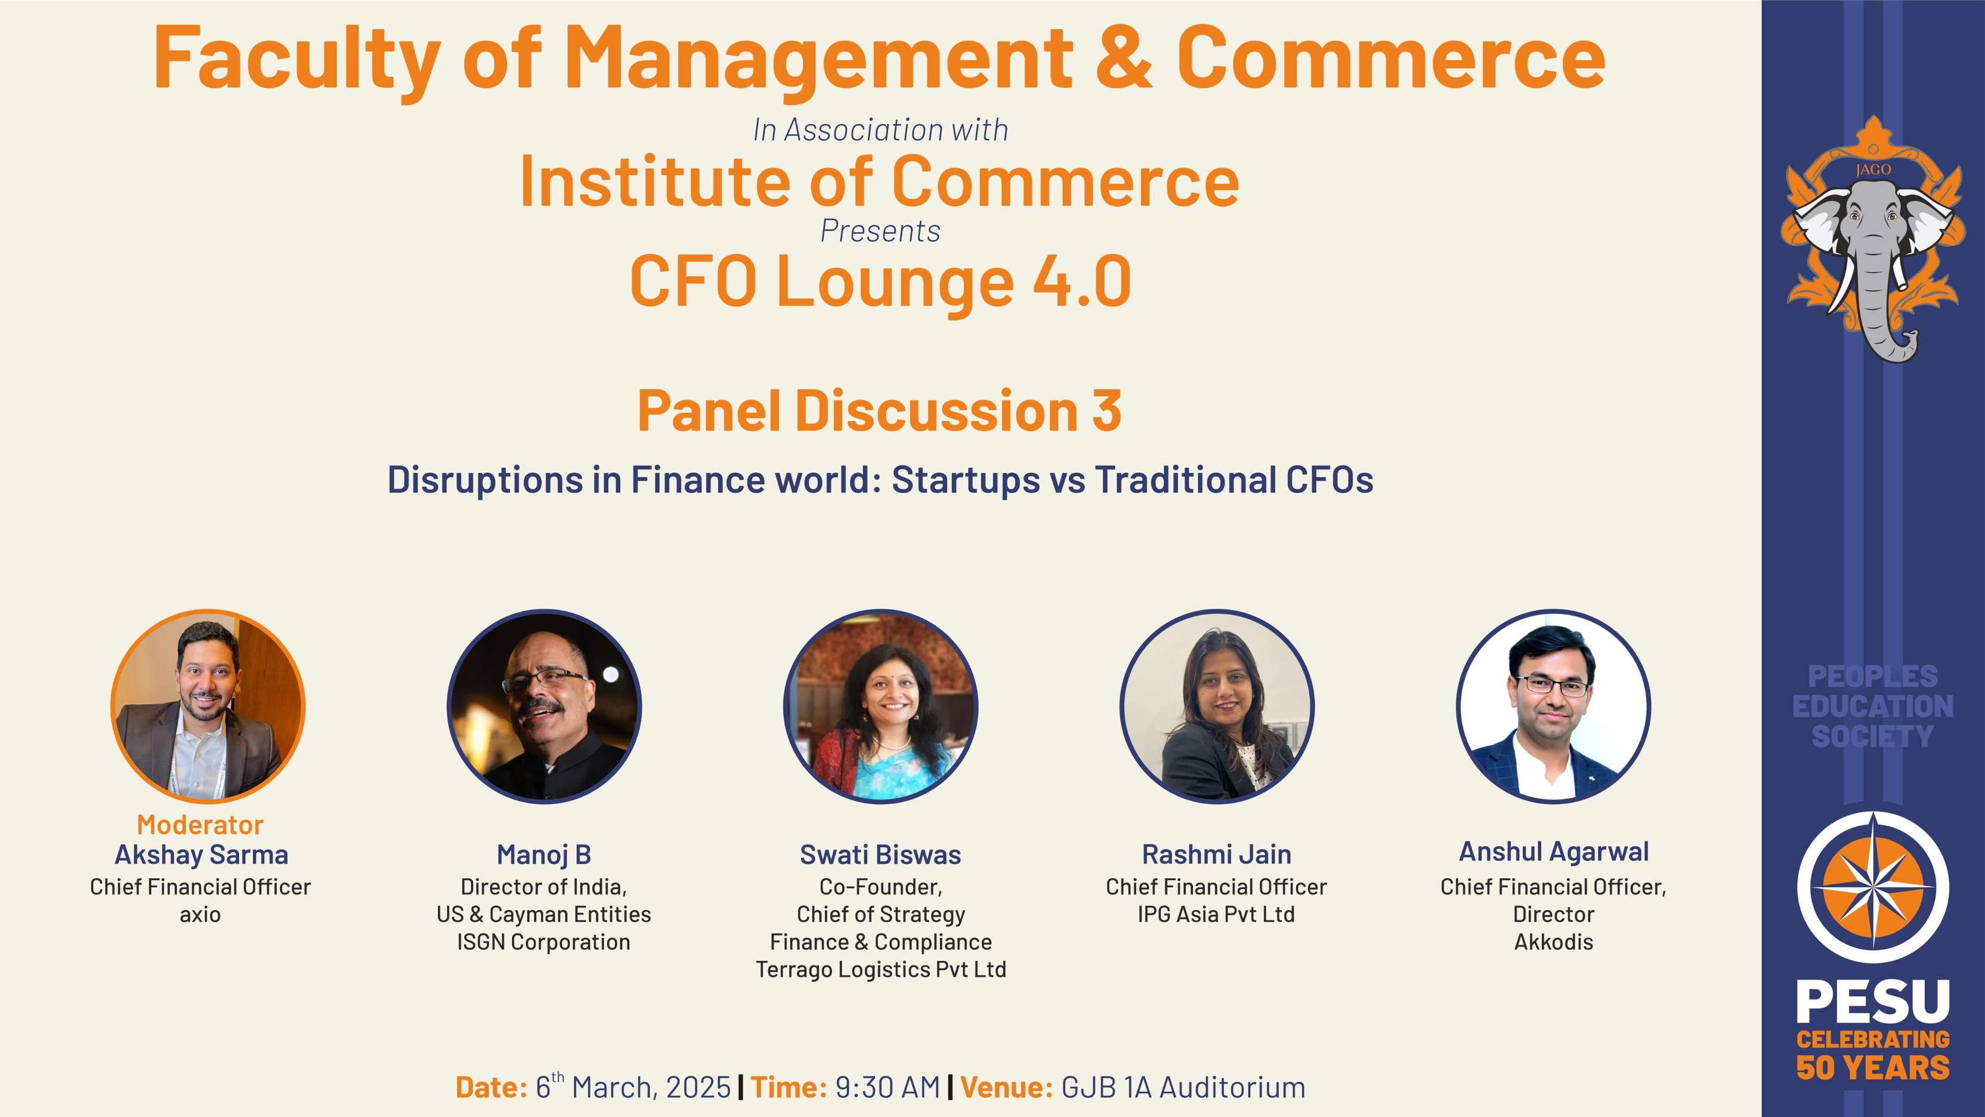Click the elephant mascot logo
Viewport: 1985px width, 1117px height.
pyautogui.click(x=1872, y=239)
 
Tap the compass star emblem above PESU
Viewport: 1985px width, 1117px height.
pyautogui.click(x=1873, y=887)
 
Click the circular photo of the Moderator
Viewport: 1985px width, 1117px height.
pyautogui.click(x=208, y=706)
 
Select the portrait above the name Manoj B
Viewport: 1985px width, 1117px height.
pyautogui.click(x=544, y=706)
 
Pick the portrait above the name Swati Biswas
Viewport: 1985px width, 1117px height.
pyautogui.click(x=881, y=706)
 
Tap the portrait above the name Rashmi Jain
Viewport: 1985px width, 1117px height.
pyautogui.click(x=1217, y=706)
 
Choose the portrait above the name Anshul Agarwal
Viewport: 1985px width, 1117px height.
pyautogui.click(x=1554, y=706)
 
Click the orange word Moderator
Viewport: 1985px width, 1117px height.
pyautogui.click(x=200, y=825)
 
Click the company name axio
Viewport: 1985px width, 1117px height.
pyautogui.click(x=200, y=915)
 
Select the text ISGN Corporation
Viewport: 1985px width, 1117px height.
pyautogui.click(x=544, y=942)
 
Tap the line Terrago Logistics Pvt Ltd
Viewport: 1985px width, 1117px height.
pyautogui.click(x=881, y=970)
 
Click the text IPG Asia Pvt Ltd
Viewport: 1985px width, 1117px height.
pyautogui.click(x=1217, y=915)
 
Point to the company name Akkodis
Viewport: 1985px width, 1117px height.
pyautogui.click(x=1554, y=942)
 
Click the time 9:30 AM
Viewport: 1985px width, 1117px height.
pyautogui.click(x=888, y=1088)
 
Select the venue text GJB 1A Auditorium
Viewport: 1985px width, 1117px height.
pyautogui.click(x=1183, y=1088)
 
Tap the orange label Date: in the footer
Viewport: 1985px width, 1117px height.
pyautogui.click(x=491, y=1088)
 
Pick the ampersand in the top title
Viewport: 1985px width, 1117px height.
pyautogui.click(x=1124, y=58)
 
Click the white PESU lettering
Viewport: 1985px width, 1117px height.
pyautogui.click(x=1873, y=1001)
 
